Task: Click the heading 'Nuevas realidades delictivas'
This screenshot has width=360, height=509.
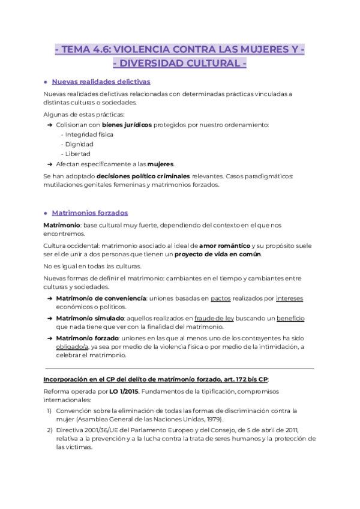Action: (101, 82)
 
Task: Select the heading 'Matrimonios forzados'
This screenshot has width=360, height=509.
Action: (89, 212)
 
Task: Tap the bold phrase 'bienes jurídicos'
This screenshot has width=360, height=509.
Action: (127, 124)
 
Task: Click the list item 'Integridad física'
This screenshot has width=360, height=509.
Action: (89, 134)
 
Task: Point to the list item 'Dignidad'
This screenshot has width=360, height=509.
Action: (78, 144)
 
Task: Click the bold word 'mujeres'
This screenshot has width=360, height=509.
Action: (161, 163)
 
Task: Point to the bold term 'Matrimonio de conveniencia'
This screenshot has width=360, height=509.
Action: (101, 298)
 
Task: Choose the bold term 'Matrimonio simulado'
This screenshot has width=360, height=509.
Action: (90, 318)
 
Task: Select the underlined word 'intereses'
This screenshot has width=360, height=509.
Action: (290, 298)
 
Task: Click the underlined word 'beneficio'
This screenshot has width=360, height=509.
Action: (290, 318)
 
